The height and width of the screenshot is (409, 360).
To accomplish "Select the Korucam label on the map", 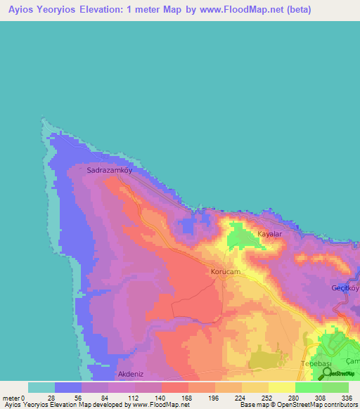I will click(x=226, y=271).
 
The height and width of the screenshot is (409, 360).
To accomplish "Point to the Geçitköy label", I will click(x=345, y=288).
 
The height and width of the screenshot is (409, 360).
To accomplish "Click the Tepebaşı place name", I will click(x=316, y=363).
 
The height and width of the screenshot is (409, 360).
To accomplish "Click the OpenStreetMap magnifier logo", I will click(x=327, y=374).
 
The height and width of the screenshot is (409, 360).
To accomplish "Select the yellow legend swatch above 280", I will click(x=282, y=387).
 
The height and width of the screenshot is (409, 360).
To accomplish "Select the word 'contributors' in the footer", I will click(x=339, y=405).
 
